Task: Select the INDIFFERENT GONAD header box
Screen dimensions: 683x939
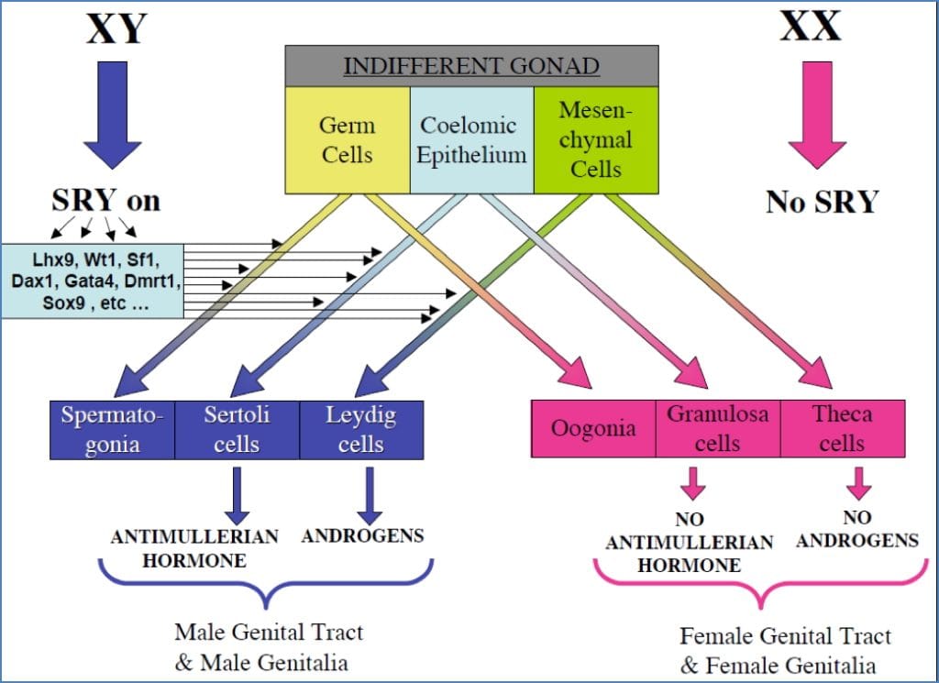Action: click(x=471, y=66)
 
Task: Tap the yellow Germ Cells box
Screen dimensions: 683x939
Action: click(x=347, y=139)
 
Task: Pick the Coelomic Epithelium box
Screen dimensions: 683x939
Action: click(x=471, y=139)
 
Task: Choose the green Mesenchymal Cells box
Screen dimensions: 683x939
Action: click(x=596, y=139)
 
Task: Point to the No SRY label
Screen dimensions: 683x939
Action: click(x=822, y=200)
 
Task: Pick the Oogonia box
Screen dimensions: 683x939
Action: click(x=593, y=428)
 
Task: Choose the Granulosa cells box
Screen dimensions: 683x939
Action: click(x=718, y=428)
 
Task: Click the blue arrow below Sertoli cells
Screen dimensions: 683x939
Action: click(x=237, y=495)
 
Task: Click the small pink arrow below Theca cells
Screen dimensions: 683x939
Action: click(x=858, y=481)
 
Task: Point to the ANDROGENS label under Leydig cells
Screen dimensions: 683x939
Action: click(x=362, y=535)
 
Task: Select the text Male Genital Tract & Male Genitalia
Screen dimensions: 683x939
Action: click(x=269, y=645)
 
